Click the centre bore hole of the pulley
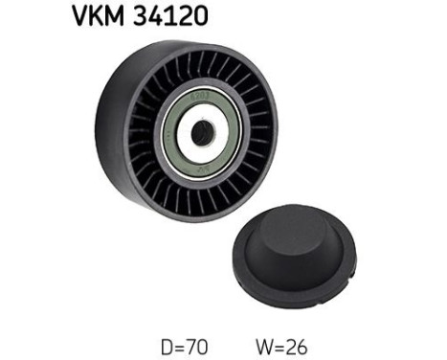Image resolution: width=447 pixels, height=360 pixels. (x=201, y=132)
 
